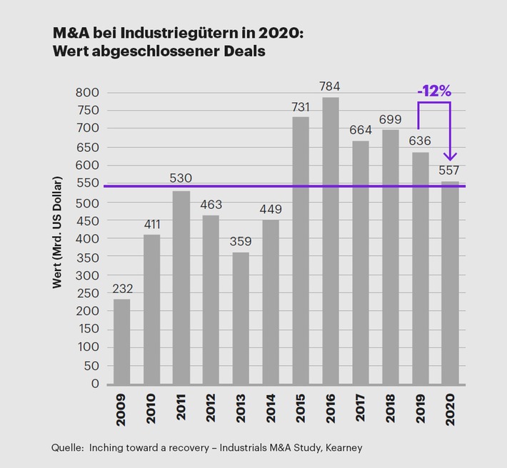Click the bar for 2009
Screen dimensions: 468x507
point(122,341)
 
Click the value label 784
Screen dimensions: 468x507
point(330,86)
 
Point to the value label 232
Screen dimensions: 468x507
point(122,289)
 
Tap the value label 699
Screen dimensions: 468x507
point(390,119)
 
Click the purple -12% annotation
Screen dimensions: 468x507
point(434,91)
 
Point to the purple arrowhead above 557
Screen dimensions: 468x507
point(450,156)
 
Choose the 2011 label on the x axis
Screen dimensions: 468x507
point(181,409)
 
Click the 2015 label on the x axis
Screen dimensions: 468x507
point(301,409)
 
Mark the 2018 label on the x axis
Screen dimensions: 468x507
point(390,409)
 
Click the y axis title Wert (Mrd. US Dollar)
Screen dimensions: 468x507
point(57,233)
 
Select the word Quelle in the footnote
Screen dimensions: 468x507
point(66,447)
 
